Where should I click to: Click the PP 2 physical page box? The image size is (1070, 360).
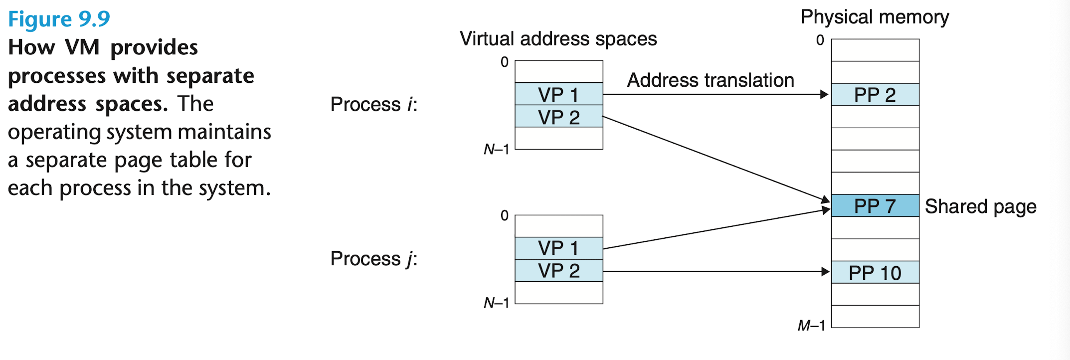pos(875,94)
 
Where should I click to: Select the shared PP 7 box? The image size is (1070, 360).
pos(875,205)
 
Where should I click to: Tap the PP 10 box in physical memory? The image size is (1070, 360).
pos(875,272)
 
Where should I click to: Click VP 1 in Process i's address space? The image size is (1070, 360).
pos(559,94)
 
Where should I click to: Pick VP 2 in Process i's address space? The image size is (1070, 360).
pos(559,116)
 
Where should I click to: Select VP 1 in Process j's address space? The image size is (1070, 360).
pos(559,248)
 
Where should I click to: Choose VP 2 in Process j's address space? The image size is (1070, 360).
pos(559,271)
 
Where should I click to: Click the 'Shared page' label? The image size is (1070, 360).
pos(981,206)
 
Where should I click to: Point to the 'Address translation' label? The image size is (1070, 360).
pos(711,80)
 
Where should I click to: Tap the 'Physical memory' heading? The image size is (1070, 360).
pos(875,17)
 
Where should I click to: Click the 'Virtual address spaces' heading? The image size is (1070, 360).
pos(558,39)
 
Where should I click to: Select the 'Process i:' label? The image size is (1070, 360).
pos(374,104)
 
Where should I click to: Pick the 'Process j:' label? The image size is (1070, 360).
pos(374,259)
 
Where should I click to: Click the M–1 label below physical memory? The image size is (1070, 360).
pos(811,326)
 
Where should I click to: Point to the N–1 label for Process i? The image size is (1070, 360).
pos(497,149)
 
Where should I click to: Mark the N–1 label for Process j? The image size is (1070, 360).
pos(497,303)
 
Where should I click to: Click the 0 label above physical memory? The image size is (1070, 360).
pos(820,40)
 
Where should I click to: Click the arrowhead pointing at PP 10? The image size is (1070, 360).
pos(825,272)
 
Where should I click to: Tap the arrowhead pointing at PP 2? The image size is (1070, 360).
pos(824,94)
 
